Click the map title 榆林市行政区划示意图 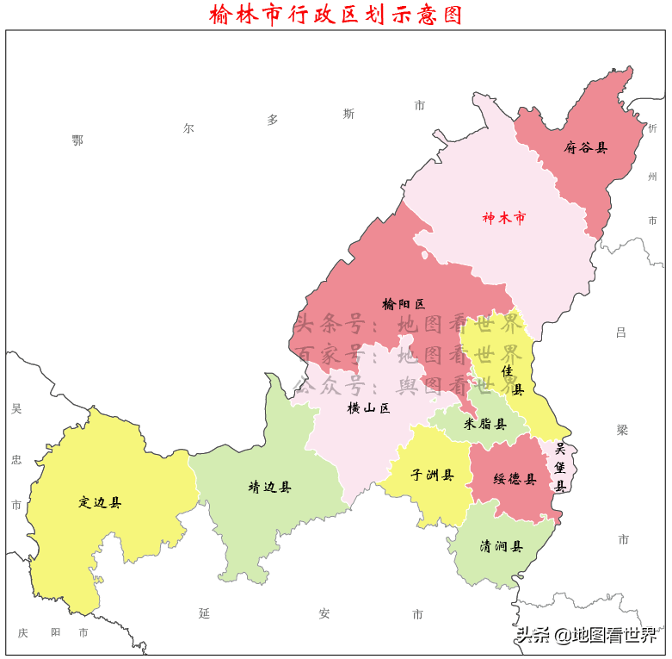click(336, 15)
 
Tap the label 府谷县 click(586, 147)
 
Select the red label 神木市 click(503, 218)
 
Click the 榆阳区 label click(404, 304)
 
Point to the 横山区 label click(368, 408)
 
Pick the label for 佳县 click(512, 379)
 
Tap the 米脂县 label click(484, 424)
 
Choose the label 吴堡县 click(559, 467)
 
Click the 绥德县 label click(515, 479)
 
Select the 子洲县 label click(432, 475)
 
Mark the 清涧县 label click(502, 546)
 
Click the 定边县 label click(100, 502)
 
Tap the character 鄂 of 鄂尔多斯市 click(77, 140)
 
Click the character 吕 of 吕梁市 click(621, 333)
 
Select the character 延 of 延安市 click(204, 613)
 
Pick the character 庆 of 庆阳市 click(23, 633)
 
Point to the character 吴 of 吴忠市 click(16, 408)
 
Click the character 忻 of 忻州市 click(652, 128)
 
